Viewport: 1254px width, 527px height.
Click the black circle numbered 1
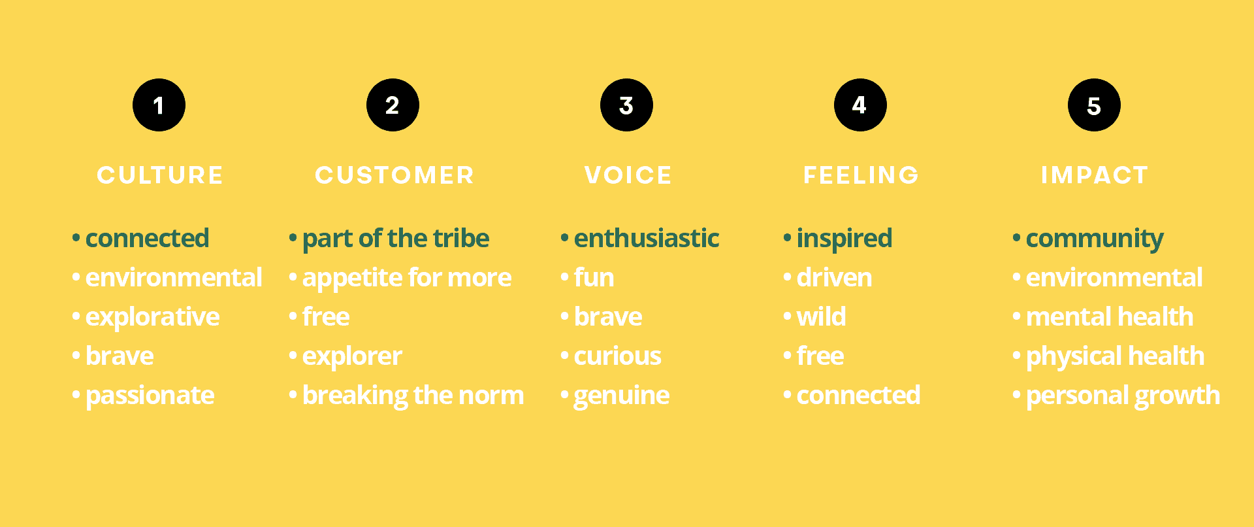[159, 105]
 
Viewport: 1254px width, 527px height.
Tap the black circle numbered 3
[626, 105]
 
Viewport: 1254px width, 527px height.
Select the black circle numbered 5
[1094, 105]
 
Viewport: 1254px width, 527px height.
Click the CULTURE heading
[160, 175]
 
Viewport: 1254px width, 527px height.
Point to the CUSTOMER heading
[394, 175]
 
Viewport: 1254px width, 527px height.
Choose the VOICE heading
[628, 175]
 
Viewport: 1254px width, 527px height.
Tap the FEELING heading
[861, 175]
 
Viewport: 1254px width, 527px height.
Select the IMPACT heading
[1095, 175]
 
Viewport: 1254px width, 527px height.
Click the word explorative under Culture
[152, 318]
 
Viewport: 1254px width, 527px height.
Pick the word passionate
[150, 396]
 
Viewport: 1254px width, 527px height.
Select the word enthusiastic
[647, 238]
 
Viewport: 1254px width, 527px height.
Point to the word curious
[617, 356]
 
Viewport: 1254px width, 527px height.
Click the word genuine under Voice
[621, 396]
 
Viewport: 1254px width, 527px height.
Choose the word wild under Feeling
[821, 317]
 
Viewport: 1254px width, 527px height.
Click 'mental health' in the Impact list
[1110, 317]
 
